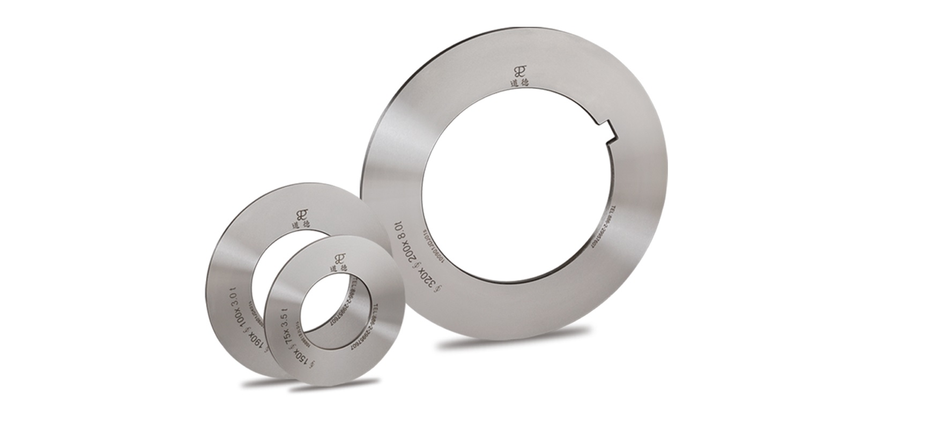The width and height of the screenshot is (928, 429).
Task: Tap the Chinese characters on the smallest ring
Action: [339, 267]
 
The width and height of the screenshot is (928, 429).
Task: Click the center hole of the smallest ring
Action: [333, 312]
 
